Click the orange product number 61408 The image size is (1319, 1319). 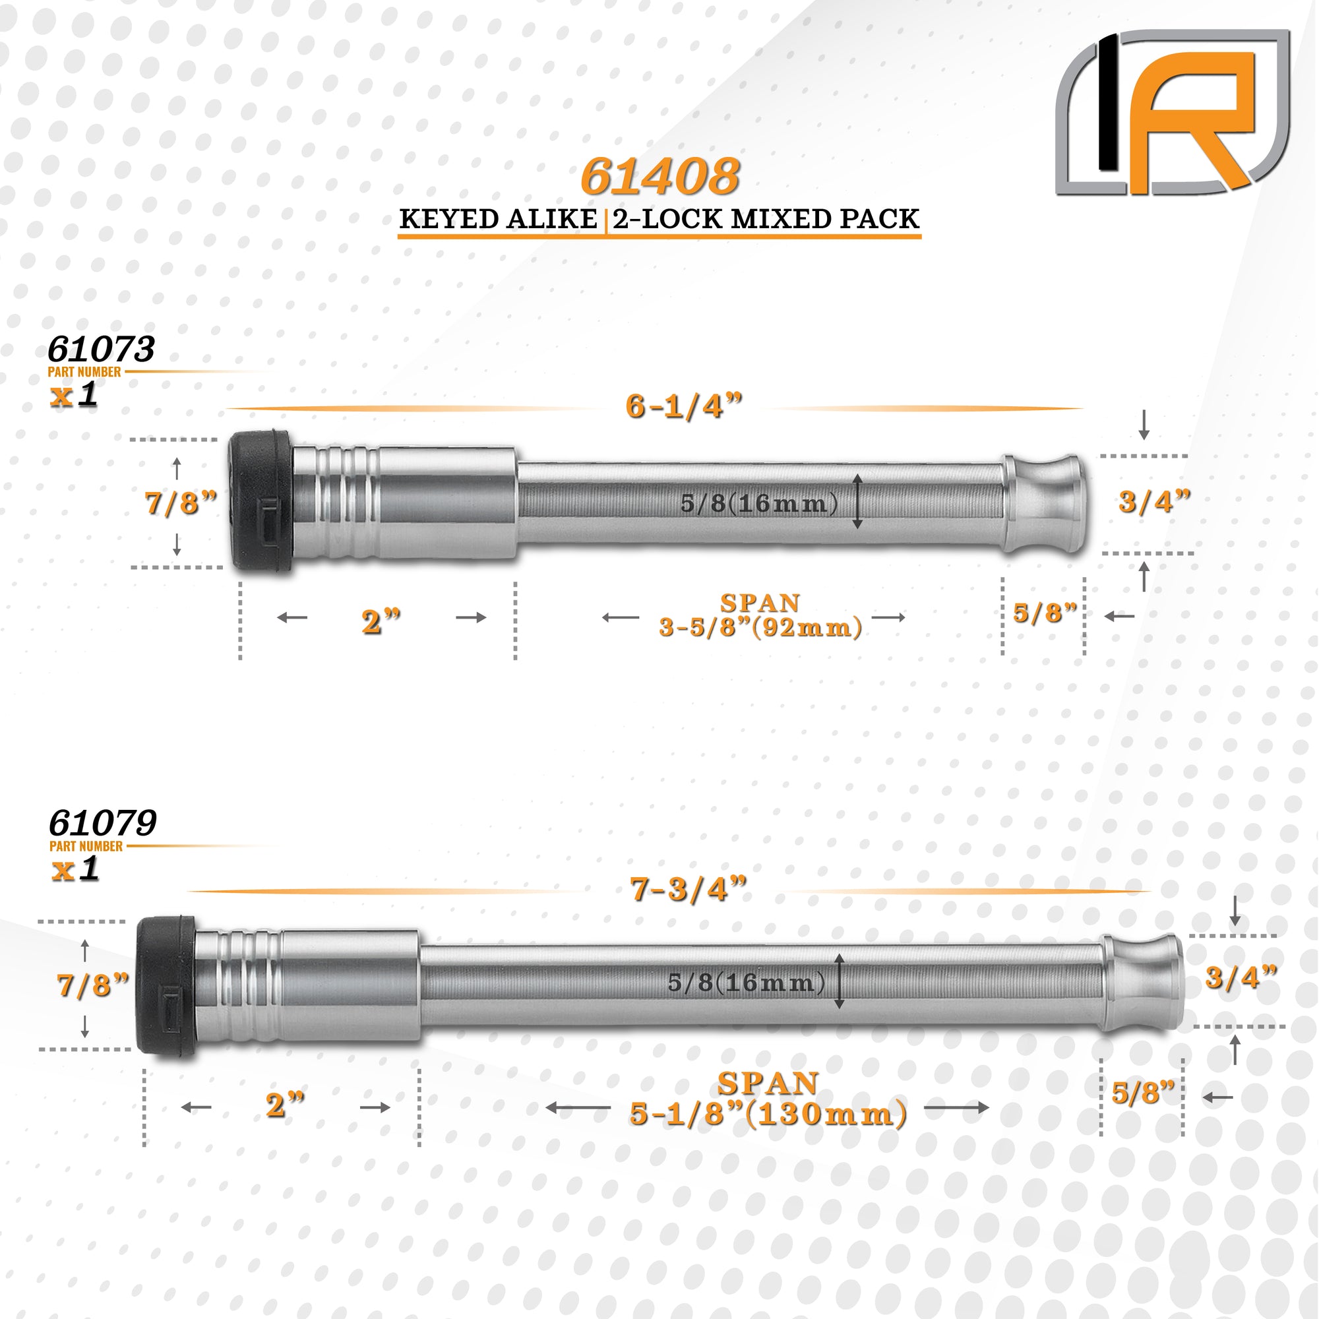click(x=659, y=176)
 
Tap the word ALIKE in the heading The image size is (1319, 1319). click(x=551, y=219)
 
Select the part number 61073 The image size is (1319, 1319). click(x=101, y=349)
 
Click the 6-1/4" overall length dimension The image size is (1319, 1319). click(x=684, y=408)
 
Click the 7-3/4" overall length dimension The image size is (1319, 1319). click(x=688, y=890)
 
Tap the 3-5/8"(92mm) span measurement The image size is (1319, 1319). click(x=760, y=627)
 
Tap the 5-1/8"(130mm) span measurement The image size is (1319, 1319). click(x=768, y=1114)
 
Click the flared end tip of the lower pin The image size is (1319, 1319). click(x=1142, y=984)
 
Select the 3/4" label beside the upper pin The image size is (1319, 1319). click(x=1153, y=503)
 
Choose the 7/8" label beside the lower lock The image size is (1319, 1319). click(x=93, y=986)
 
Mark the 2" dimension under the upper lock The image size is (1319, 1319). click(x=381, y=622)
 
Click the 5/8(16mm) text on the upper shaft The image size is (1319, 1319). click(x=759, y=504)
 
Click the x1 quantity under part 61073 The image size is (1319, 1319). click(x=74, y=395)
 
